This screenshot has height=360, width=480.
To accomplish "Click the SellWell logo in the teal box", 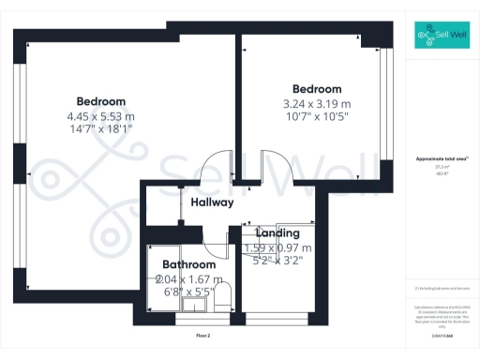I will pyautogui.click(x=442, y=37).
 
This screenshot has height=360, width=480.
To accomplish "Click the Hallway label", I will pyautogui.click(x=212, y=202).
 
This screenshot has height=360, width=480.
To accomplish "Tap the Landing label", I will pyautogui.click(x=277, y=232).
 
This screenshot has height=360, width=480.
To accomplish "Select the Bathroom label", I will pyautogui.click(x=189, y=265).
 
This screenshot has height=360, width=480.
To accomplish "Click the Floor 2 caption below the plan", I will pyautogui.click(x=202, y=335).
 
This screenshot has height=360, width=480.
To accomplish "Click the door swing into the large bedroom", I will pyautogui.click(x=217, y=165).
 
